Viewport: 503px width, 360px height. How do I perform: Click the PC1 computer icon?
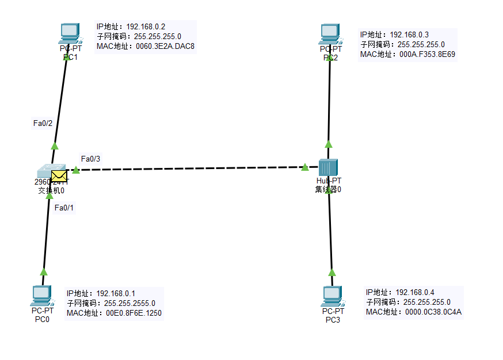[x=70, y=33]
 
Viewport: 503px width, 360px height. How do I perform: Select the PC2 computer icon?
[x=330, y=33]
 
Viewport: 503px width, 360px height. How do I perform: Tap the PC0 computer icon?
[x=41, y=296]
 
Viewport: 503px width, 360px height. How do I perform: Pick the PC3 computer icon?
[x=332, y=296]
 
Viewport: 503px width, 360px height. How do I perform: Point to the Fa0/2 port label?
[x=43, y=123]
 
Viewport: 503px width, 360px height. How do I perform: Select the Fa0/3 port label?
[x=90, y=159]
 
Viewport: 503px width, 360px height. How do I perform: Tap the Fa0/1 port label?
[x=64, y=208]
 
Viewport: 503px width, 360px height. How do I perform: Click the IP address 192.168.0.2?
[x=146, y=27]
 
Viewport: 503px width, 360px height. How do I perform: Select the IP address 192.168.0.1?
[x=116, y=293]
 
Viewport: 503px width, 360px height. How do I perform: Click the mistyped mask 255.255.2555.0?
[x=129, y=303]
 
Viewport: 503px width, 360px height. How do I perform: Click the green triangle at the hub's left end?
[x=304, y=167]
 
